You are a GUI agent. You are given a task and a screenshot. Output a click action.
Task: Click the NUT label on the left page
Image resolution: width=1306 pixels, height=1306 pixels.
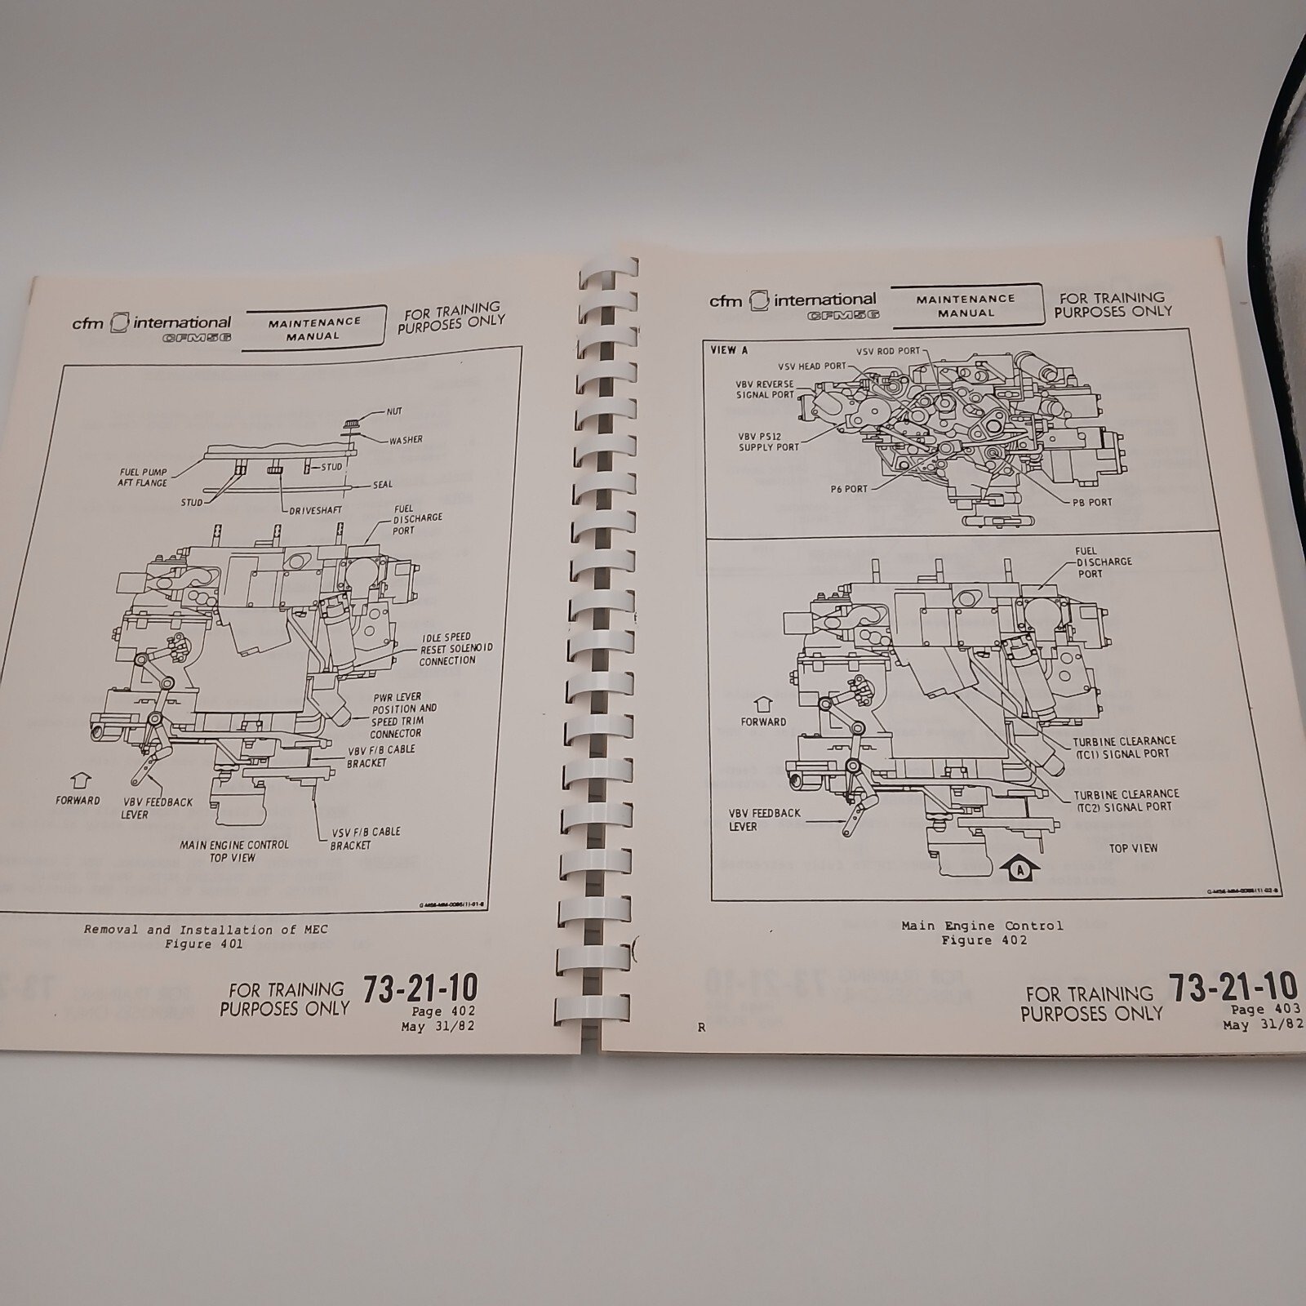pos(394,411)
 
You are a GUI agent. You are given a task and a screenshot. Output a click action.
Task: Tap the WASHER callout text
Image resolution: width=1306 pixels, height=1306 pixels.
pos(406,440)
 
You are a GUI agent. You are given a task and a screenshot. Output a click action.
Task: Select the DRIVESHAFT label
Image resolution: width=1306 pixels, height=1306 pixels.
pos(315,510)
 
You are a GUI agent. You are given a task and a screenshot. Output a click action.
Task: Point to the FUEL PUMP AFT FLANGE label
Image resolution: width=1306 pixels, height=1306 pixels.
pos(142,478)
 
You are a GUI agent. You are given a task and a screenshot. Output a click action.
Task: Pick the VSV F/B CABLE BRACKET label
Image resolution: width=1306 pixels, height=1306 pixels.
pos(366,838)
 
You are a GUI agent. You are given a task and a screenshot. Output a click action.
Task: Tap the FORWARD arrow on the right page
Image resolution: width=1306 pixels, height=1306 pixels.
pos(763,704)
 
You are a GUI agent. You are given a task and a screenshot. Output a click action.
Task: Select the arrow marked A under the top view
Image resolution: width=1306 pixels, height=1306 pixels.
pos(1017,870)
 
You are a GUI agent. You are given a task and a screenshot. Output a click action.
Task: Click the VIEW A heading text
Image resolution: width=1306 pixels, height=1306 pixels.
pos(729,350)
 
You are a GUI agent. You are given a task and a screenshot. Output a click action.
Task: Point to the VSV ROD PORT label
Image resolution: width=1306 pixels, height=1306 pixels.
pos(887,351)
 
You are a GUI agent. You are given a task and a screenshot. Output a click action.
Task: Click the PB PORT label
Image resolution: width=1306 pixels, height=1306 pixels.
pos(1092,502)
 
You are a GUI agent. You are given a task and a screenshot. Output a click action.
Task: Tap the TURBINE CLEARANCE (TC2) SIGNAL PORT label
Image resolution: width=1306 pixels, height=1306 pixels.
pos(1126,800)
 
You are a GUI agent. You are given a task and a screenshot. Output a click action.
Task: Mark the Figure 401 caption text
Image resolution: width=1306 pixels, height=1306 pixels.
pos(204,944)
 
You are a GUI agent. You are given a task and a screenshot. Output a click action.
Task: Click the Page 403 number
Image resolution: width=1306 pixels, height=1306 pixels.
pos(1265,1010)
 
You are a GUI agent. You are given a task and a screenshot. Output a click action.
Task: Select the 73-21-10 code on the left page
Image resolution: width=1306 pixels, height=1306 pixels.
pos(420,988)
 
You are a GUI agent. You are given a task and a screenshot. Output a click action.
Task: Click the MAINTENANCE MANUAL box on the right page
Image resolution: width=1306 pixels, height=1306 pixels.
pos(966,305)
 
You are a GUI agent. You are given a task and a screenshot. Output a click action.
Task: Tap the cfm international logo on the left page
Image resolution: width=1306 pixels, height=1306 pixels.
pos(151,325)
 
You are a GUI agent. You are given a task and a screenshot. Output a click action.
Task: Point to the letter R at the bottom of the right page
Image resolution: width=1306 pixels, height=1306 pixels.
pos(701,1028)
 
